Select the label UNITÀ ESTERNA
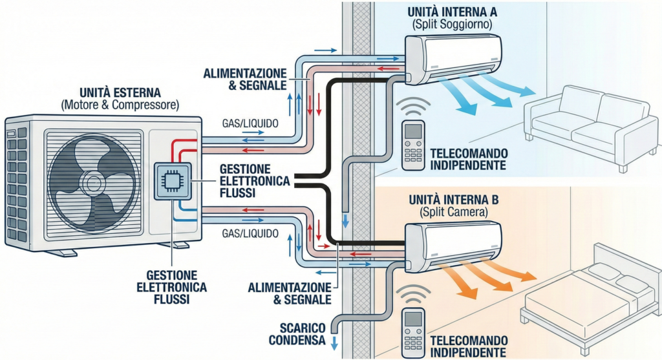[120, 92]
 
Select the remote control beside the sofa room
[413, 145]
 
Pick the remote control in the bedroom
[413, 330]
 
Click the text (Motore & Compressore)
[120, 105]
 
